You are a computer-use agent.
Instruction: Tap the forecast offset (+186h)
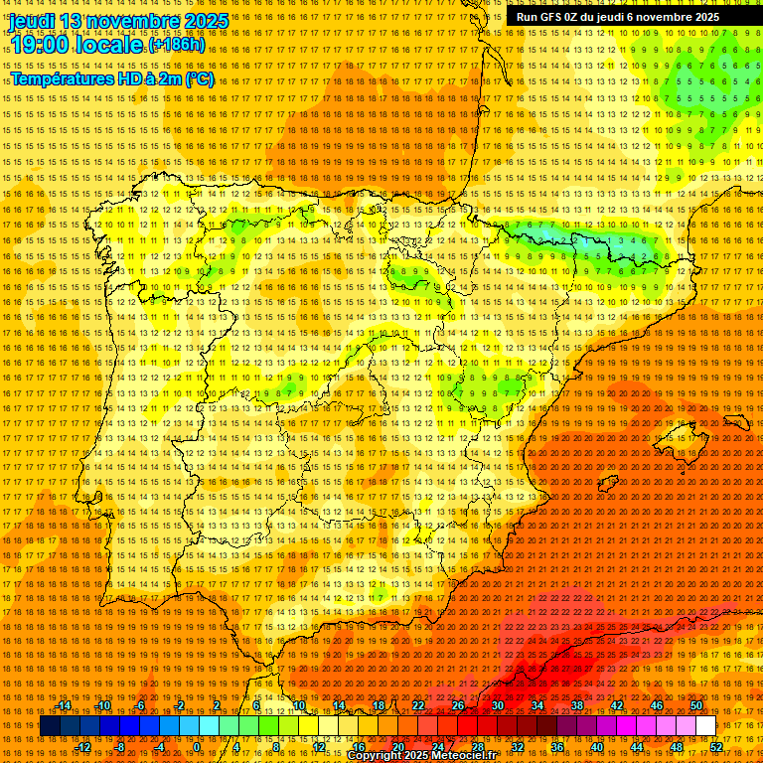point(177,45)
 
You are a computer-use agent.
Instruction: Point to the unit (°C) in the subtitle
point(199,78)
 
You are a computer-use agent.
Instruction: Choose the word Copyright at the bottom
point(379,756)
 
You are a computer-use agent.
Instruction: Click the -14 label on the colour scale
point(65,705)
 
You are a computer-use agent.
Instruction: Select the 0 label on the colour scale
point(198,746)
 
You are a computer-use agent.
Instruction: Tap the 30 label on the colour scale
point(497,705)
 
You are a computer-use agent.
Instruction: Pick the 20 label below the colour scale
point(398,746)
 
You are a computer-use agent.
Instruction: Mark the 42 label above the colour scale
point(617,705)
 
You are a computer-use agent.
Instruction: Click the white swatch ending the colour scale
point(705,725)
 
